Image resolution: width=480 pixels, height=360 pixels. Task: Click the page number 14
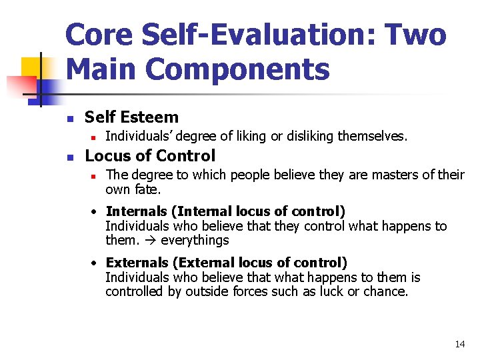[459, 344]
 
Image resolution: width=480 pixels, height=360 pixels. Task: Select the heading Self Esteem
[131, 117]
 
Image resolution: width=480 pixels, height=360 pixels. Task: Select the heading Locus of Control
[150, 156]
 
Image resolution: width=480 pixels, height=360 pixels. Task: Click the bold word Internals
[136, 211]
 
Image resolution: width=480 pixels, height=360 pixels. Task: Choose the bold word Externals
[137, 263]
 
